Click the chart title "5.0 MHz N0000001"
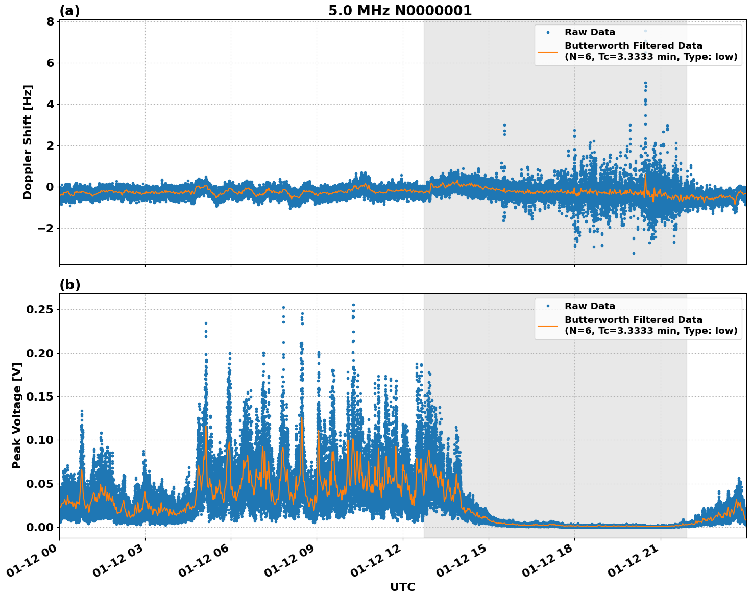(x=400, y=11)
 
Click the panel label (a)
(x=69, y=11)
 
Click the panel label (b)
(x=69, y=285)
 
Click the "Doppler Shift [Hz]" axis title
(x=28, y=142)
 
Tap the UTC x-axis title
(x=402, y=587)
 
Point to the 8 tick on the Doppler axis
(x=50, y=22)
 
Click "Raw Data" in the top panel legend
(x=590, y=32)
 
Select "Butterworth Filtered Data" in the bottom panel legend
(x=633, y=320)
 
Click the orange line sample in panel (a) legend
(x=548, y=52)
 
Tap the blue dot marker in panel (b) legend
(x=548, y=306)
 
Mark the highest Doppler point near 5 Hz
(x=645, y=83)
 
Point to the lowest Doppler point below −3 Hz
(x=634, y=253)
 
